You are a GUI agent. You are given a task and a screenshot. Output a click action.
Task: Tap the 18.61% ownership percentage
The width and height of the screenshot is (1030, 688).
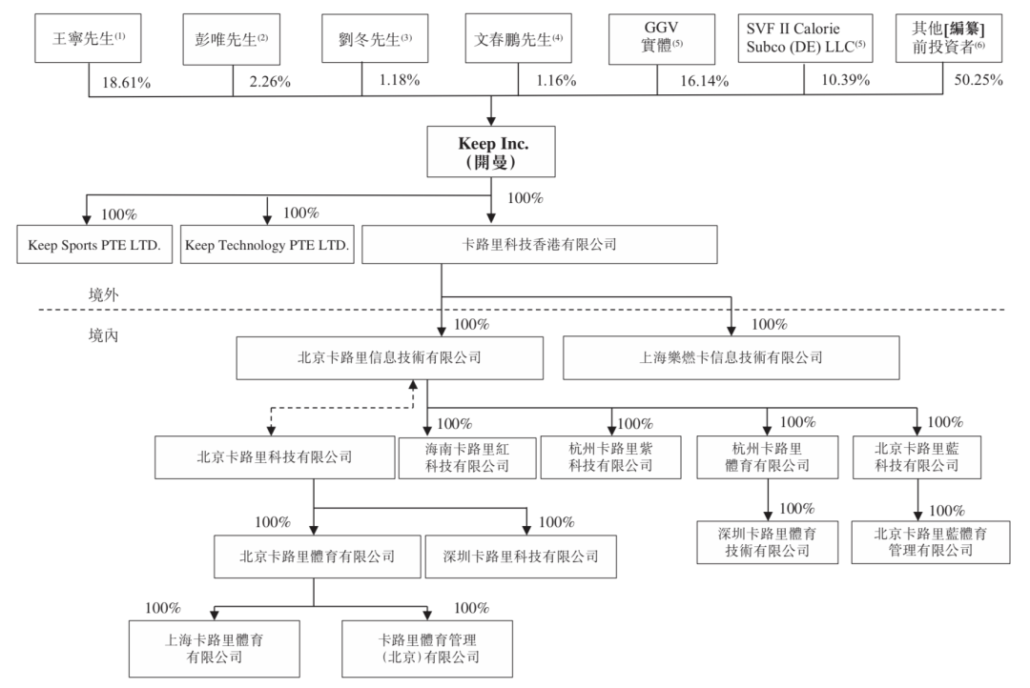[x=126, y=82]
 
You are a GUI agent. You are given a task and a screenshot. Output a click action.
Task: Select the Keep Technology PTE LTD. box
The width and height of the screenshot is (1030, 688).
[x=267, y=245]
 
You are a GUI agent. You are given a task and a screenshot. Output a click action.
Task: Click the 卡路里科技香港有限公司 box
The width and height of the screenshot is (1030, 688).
[x=540, y=244]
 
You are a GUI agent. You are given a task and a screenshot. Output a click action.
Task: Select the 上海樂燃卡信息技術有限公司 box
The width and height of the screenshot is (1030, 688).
[x=731, y=359]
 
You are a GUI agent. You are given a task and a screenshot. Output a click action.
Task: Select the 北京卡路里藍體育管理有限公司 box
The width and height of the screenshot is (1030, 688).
[x=918, y=540]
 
